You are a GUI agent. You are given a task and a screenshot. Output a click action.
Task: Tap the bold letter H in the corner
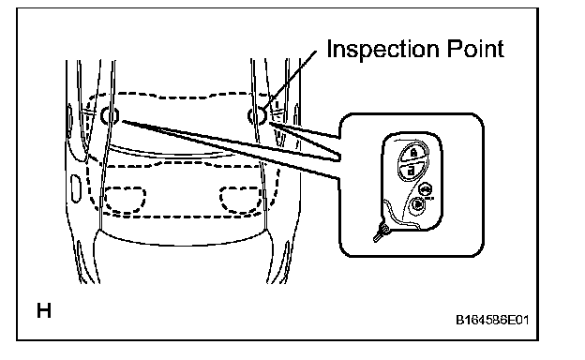pyautogui.click(x=44, y=310)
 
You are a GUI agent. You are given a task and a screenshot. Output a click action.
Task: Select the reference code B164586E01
pyautogui.click(x=492, y=320)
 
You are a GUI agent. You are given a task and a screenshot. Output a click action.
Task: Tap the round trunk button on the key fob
pyautogui.click(x=425, y=189)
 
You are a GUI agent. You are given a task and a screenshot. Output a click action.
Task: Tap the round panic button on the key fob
pyautogui.click(x=418, y=204)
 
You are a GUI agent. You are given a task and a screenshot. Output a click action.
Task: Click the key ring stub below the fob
pyautogui.click(x=381, y=233)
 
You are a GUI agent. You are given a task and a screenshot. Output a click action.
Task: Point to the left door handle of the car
pyautogui.click(x=76, y=188)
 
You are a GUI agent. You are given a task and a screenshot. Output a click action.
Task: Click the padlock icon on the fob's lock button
pyautogui.click(x=413, y=152)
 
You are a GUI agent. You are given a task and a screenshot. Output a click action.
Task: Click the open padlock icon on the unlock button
pyautogui.click(x=411, y=171)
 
